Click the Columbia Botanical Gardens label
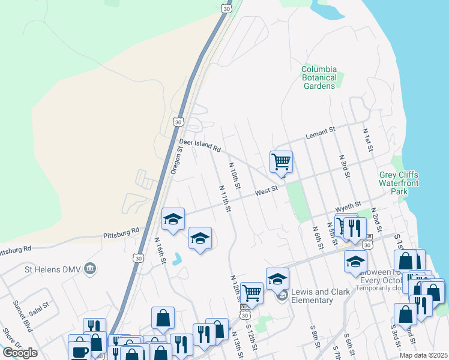tap(319, 77)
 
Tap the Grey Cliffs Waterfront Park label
tap(399, 183)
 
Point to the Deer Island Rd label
tap(200, 145)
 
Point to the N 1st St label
tap(368, 139)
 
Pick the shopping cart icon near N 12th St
tap(252, 293)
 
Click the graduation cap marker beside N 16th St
tap(173, 219)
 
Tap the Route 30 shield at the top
tap(226, 8)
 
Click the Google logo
tap(20, 353)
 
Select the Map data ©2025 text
tap(423, 355)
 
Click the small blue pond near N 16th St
tap(176, 259)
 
